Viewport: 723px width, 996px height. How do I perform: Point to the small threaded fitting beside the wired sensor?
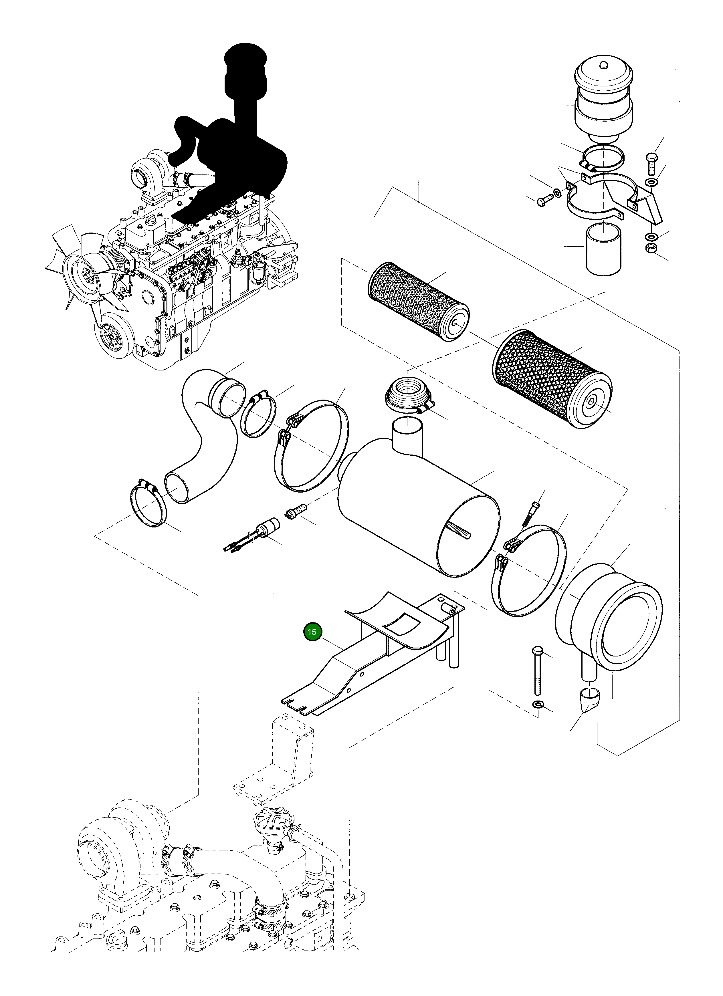295,512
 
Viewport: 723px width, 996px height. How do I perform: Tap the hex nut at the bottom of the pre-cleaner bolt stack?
651,248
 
